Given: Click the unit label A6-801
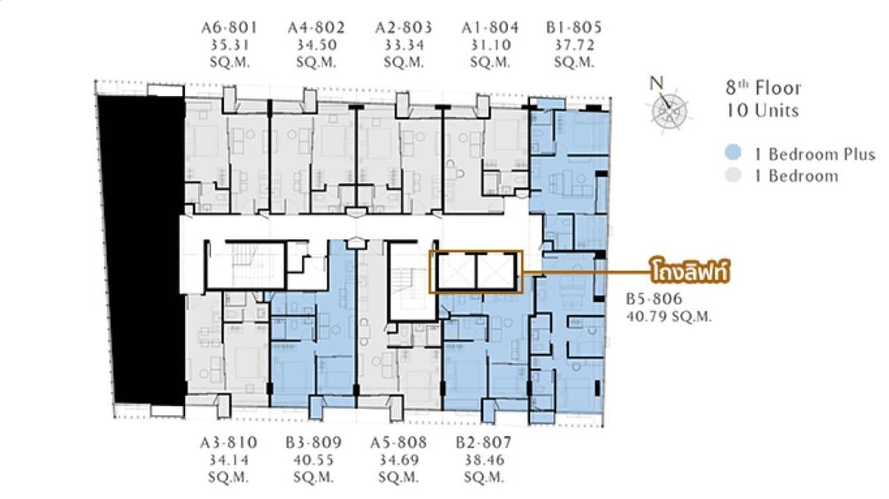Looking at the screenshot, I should coord(229,28).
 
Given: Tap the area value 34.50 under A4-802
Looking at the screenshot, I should coord(316,45).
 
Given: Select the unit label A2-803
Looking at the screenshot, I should coord(403,28).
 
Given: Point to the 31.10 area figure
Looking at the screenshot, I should coord(490,45).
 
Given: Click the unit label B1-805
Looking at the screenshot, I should coord(574,28).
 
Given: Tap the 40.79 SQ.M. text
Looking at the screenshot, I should coord(669,317).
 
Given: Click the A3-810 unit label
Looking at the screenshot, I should coord(229,443).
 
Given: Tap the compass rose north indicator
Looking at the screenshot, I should coord(669,106).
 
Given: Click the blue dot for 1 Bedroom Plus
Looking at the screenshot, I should coord(732,154).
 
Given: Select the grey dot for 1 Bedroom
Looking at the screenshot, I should coord(732,176).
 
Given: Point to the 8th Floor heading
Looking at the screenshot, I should coord(763,89).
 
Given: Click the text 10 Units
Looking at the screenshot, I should coord(763,110).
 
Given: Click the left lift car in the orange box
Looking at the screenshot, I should coord(456,272).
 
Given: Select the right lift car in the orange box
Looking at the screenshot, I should coord(496,272).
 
